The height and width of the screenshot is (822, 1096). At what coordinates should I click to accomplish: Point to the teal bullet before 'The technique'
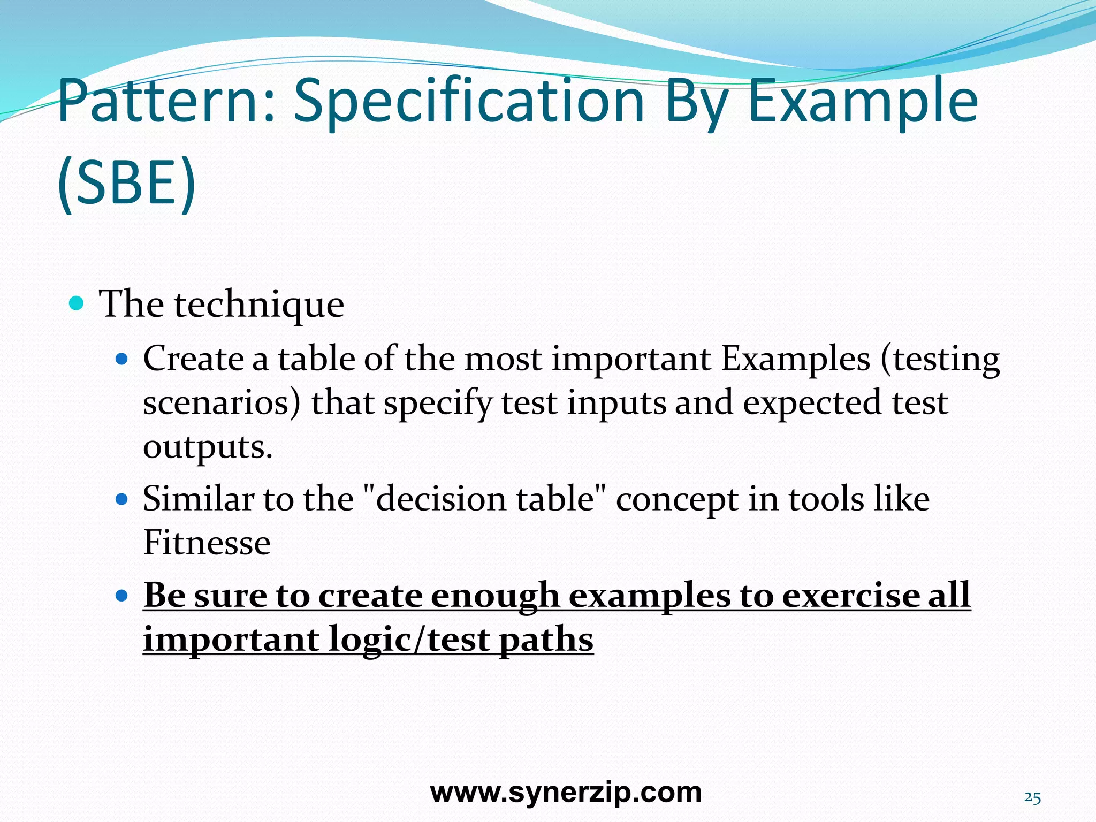(77, 304)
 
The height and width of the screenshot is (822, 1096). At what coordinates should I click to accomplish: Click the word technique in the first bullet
(259, 305)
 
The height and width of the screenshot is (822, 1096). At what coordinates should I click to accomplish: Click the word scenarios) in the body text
(222, 402)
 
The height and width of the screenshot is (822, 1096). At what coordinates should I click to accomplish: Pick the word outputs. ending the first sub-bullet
(208, 446)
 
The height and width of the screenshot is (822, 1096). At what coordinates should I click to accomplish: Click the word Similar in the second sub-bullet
(198, 499)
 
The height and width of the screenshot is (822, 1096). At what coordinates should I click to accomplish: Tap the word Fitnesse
(207, 543)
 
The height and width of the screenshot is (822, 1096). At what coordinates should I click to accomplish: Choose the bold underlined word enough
(494, 595)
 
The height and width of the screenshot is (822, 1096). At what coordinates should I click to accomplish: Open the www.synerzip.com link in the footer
(566, 792)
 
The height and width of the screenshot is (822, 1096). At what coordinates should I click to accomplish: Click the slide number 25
(1032, 798)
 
